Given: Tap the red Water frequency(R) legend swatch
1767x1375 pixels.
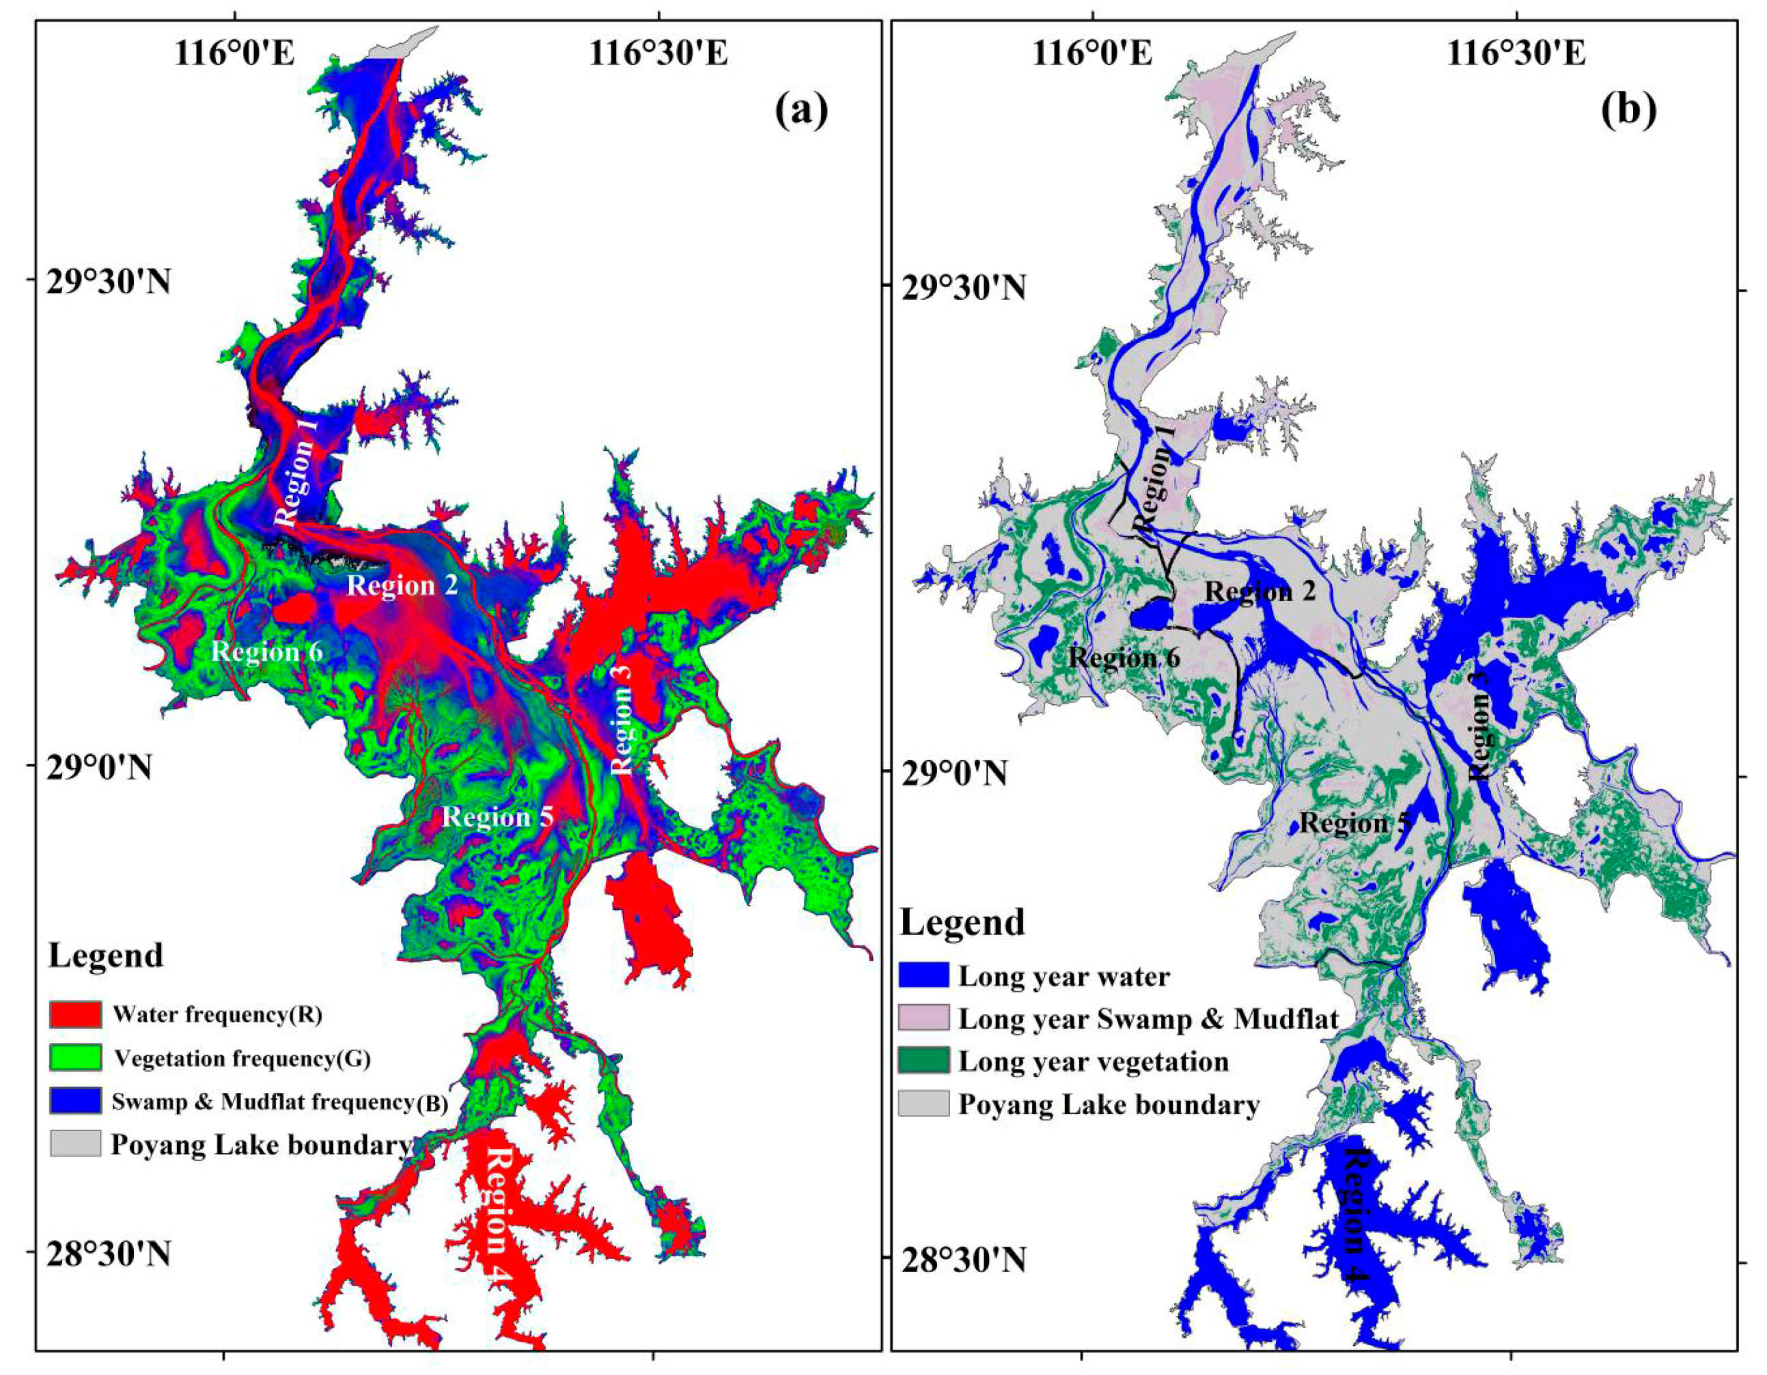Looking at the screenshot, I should tap(75, 1014).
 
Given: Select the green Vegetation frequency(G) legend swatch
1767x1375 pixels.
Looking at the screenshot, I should tap(75, 1057).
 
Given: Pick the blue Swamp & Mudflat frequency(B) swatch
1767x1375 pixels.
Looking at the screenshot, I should tap(75, 1100).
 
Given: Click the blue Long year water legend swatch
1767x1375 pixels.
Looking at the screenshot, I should tap(923, 975).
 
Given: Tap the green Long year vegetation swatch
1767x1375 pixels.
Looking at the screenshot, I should tap(923, 1061).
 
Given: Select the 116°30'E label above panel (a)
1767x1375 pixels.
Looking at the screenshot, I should tap(658, 54).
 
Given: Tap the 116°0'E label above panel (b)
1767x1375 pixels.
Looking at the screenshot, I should tap(1091, 54).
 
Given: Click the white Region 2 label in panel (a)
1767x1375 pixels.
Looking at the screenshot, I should tap(402, 584).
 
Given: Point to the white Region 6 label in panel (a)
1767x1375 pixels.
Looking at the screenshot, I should tap(267, 651).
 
